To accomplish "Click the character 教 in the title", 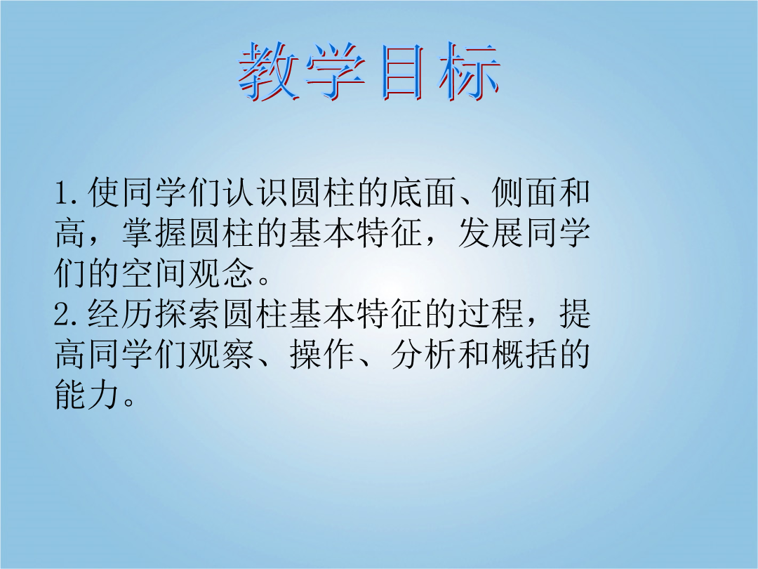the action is (x=268, y=72).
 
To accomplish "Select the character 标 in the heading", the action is (x=469, y=72).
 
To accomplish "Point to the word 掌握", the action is (x=156, y=233).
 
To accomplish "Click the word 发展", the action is (x=491, y=233).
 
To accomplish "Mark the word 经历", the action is (x=122, y=314).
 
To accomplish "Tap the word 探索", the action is (x=189, y=314).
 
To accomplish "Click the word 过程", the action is (x=491, y=314).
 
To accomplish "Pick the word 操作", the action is (x=324, y=355).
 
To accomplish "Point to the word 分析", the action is (x=425, y=355).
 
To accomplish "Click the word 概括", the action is (x=525, y=355).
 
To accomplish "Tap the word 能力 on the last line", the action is (x=88, y=395).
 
